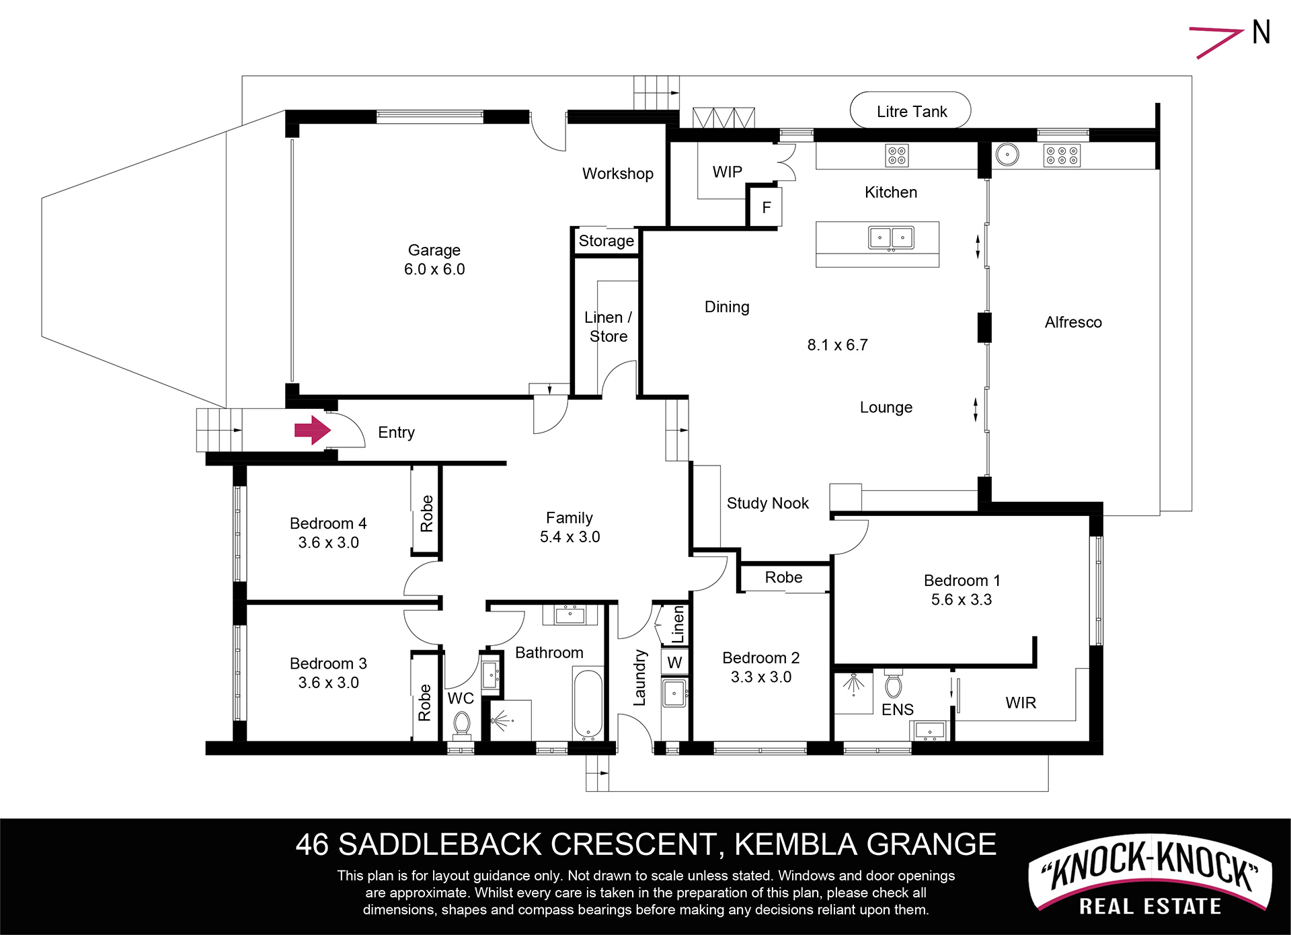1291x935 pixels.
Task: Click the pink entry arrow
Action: [313, 430]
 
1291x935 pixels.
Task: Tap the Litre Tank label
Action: [912, 112]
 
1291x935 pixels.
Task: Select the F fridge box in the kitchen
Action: [766, 208]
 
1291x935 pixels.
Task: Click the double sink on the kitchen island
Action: [891, 238]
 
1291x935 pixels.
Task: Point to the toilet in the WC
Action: [461, 726]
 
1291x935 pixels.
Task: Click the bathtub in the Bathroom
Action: [588, 704]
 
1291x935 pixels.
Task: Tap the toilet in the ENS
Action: [893, 684]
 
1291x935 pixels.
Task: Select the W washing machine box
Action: [674, 662]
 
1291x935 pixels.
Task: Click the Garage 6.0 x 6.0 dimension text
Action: [434, 269]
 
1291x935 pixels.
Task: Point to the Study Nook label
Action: [768, 503]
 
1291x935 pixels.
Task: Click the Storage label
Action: [607, 241]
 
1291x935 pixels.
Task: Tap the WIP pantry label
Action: [728, 172]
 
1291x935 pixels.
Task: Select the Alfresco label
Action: [1073, 322]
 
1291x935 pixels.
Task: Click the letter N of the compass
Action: [1261, 32]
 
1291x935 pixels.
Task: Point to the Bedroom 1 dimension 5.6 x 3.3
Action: [962, 599]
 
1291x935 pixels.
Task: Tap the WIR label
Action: [1021, 703]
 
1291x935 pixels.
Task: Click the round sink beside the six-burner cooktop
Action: [1007, 155]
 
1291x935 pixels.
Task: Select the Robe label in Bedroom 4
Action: [426, 513]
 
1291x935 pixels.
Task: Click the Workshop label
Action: [618, 174]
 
